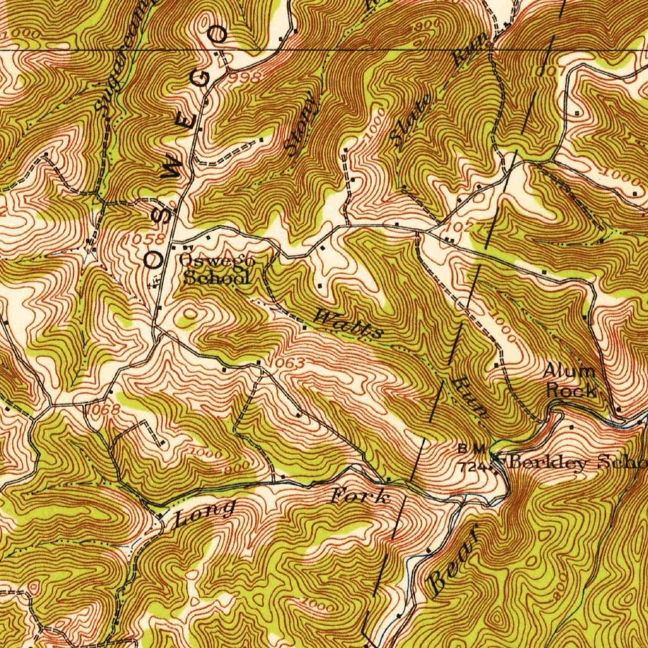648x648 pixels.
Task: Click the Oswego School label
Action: click(x=216, y=269)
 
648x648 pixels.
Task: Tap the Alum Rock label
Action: click(x=571, y=381)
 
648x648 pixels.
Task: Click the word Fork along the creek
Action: click(x=361, y=497)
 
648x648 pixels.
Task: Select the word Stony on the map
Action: click(x=301, y=124)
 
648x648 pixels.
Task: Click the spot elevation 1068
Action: click(x=101, y=410)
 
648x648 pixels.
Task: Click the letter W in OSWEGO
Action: click(x=173, y=166)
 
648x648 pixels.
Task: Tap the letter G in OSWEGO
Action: click(x=201, y=79)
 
